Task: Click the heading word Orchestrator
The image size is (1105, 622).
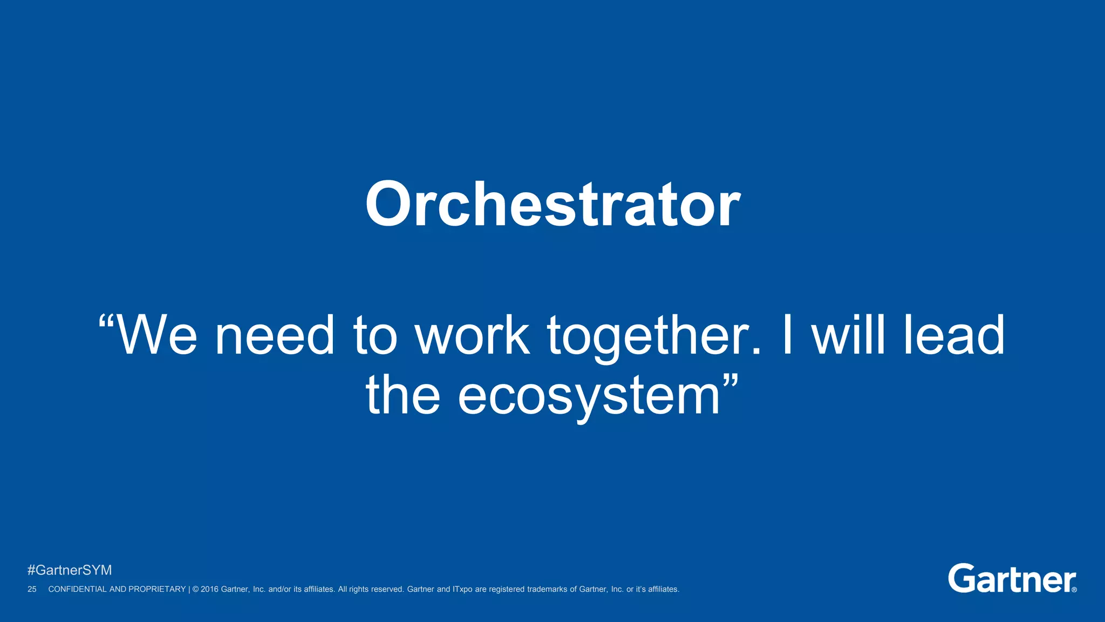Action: tap(552, 205)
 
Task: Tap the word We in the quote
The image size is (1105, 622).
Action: tap(156, 336)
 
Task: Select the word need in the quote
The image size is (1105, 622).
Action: tap(275, 336)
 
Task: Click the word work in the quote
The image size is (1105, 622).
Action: tap(472, 336)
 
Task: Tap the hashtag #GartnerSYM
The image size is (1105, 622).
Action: tap(70, 570)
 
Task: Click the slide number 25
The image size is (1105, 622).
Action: tap(32, 589)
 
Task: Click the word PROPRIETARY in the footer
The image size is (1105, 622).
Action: tap(157, 589)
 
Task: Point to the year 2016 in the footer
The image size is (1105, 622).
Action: tap(210, 589)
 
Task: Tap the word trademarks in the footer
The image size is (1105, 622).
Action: tap(547, 589)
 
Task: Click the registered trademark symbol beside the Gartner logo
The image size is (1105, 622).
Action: tap(1074, 590)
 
